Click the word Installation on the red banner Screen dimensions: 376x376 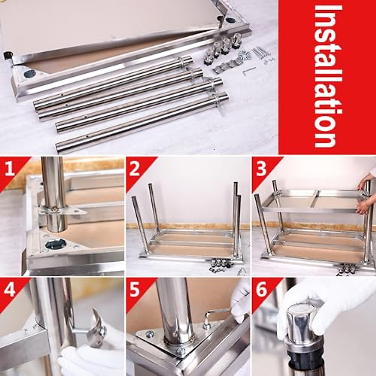click(x=327, y=77)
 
